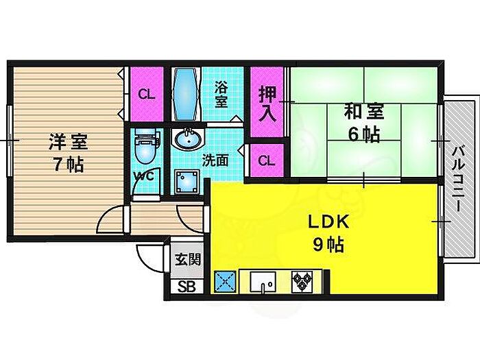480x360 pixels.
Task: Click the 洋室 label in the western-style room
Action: [x=68, y=142]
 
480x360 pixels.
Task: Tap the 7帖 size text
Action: [x=69, y=165]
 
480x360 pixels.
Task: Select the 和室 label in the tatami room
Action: [x=364, y=111]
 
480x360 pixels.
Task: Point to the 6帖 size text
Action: [x=364, y=134]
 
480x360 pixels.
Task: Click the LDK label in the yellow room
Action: [x=328, y=222]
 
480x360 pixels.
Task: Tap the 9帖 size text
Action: [x=328, y=245]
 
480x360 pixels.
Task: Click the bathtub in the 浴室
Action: [x=184, y=95]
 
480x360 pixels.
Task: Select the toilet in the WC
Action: [x=147, y=146]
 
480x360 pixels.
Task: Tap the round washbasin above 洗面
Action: [x=189, y=139]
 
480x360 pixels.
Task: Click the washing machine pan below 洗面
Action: [x=187, y=182]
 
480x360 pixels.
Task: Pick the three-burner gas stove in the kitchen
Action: [x=302, y=281]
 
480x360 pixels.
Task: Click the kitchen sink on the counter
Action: [x=263, y=282]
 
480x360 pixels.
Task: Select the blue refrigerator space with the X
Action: [x=225, y=281]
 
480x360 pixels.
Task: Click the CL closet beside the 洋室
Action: [x=147, y=94]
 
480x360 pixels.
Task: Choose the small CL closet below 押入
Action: [x=267, y=160]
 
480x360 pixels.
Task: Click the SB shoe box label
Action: [x=187, y=287]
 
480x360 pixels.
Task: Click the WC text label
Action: [x=146, y=176]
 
